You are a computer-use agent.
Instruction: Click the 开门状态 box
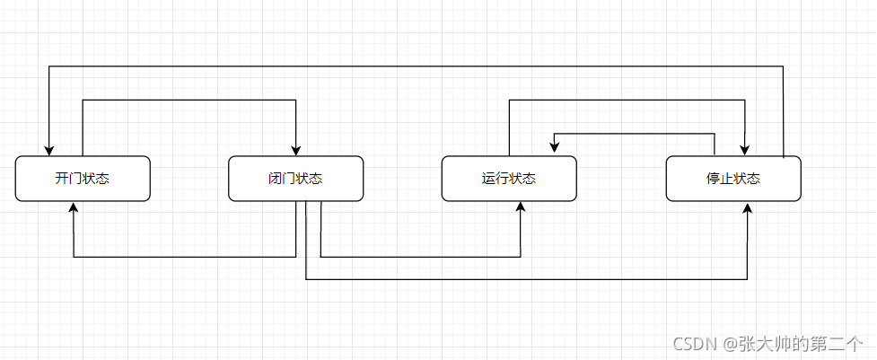coord(82,179)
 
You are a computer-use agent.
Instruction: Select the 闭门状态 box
coord(295,179)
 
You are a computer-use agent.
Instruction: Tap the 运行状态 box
coord(508,179)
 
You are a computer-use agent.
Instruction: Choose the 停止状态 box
coord(732,179)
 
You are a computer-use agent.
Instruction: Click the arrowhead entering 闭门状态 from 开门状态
coord(295,150)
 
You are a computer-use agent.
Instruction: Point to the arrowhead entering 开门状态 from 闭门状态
coord(74,207)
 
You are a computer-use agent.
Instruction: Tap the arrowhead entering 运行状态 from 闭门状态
coord(520,207)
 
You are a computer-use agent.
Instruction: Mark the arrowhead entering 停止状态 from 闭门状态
coord(747,207)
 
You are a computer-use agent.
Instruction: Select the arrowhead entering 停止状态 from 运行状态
coord(744,150)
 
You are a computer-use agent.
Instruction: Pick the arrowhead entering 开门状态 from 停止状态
coord(48,150)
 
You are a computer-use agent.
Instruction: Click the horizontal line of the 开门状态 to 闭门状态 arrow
coord(189,100)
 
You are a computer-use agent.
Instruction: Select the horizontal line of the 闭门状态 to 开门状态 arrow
coord(184,257)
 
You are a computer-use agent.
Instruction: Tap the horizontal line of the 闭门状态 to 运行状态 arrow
coord(420,257)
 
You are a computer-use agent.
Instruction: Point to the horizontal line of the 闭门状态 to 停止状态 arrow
coord(526,279)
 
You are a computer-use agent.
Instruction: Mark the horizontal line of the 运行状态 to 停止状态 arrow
coord(627,100)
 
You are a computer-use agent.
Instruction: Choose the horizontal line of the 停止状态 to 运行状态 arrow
coord(633,133)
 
